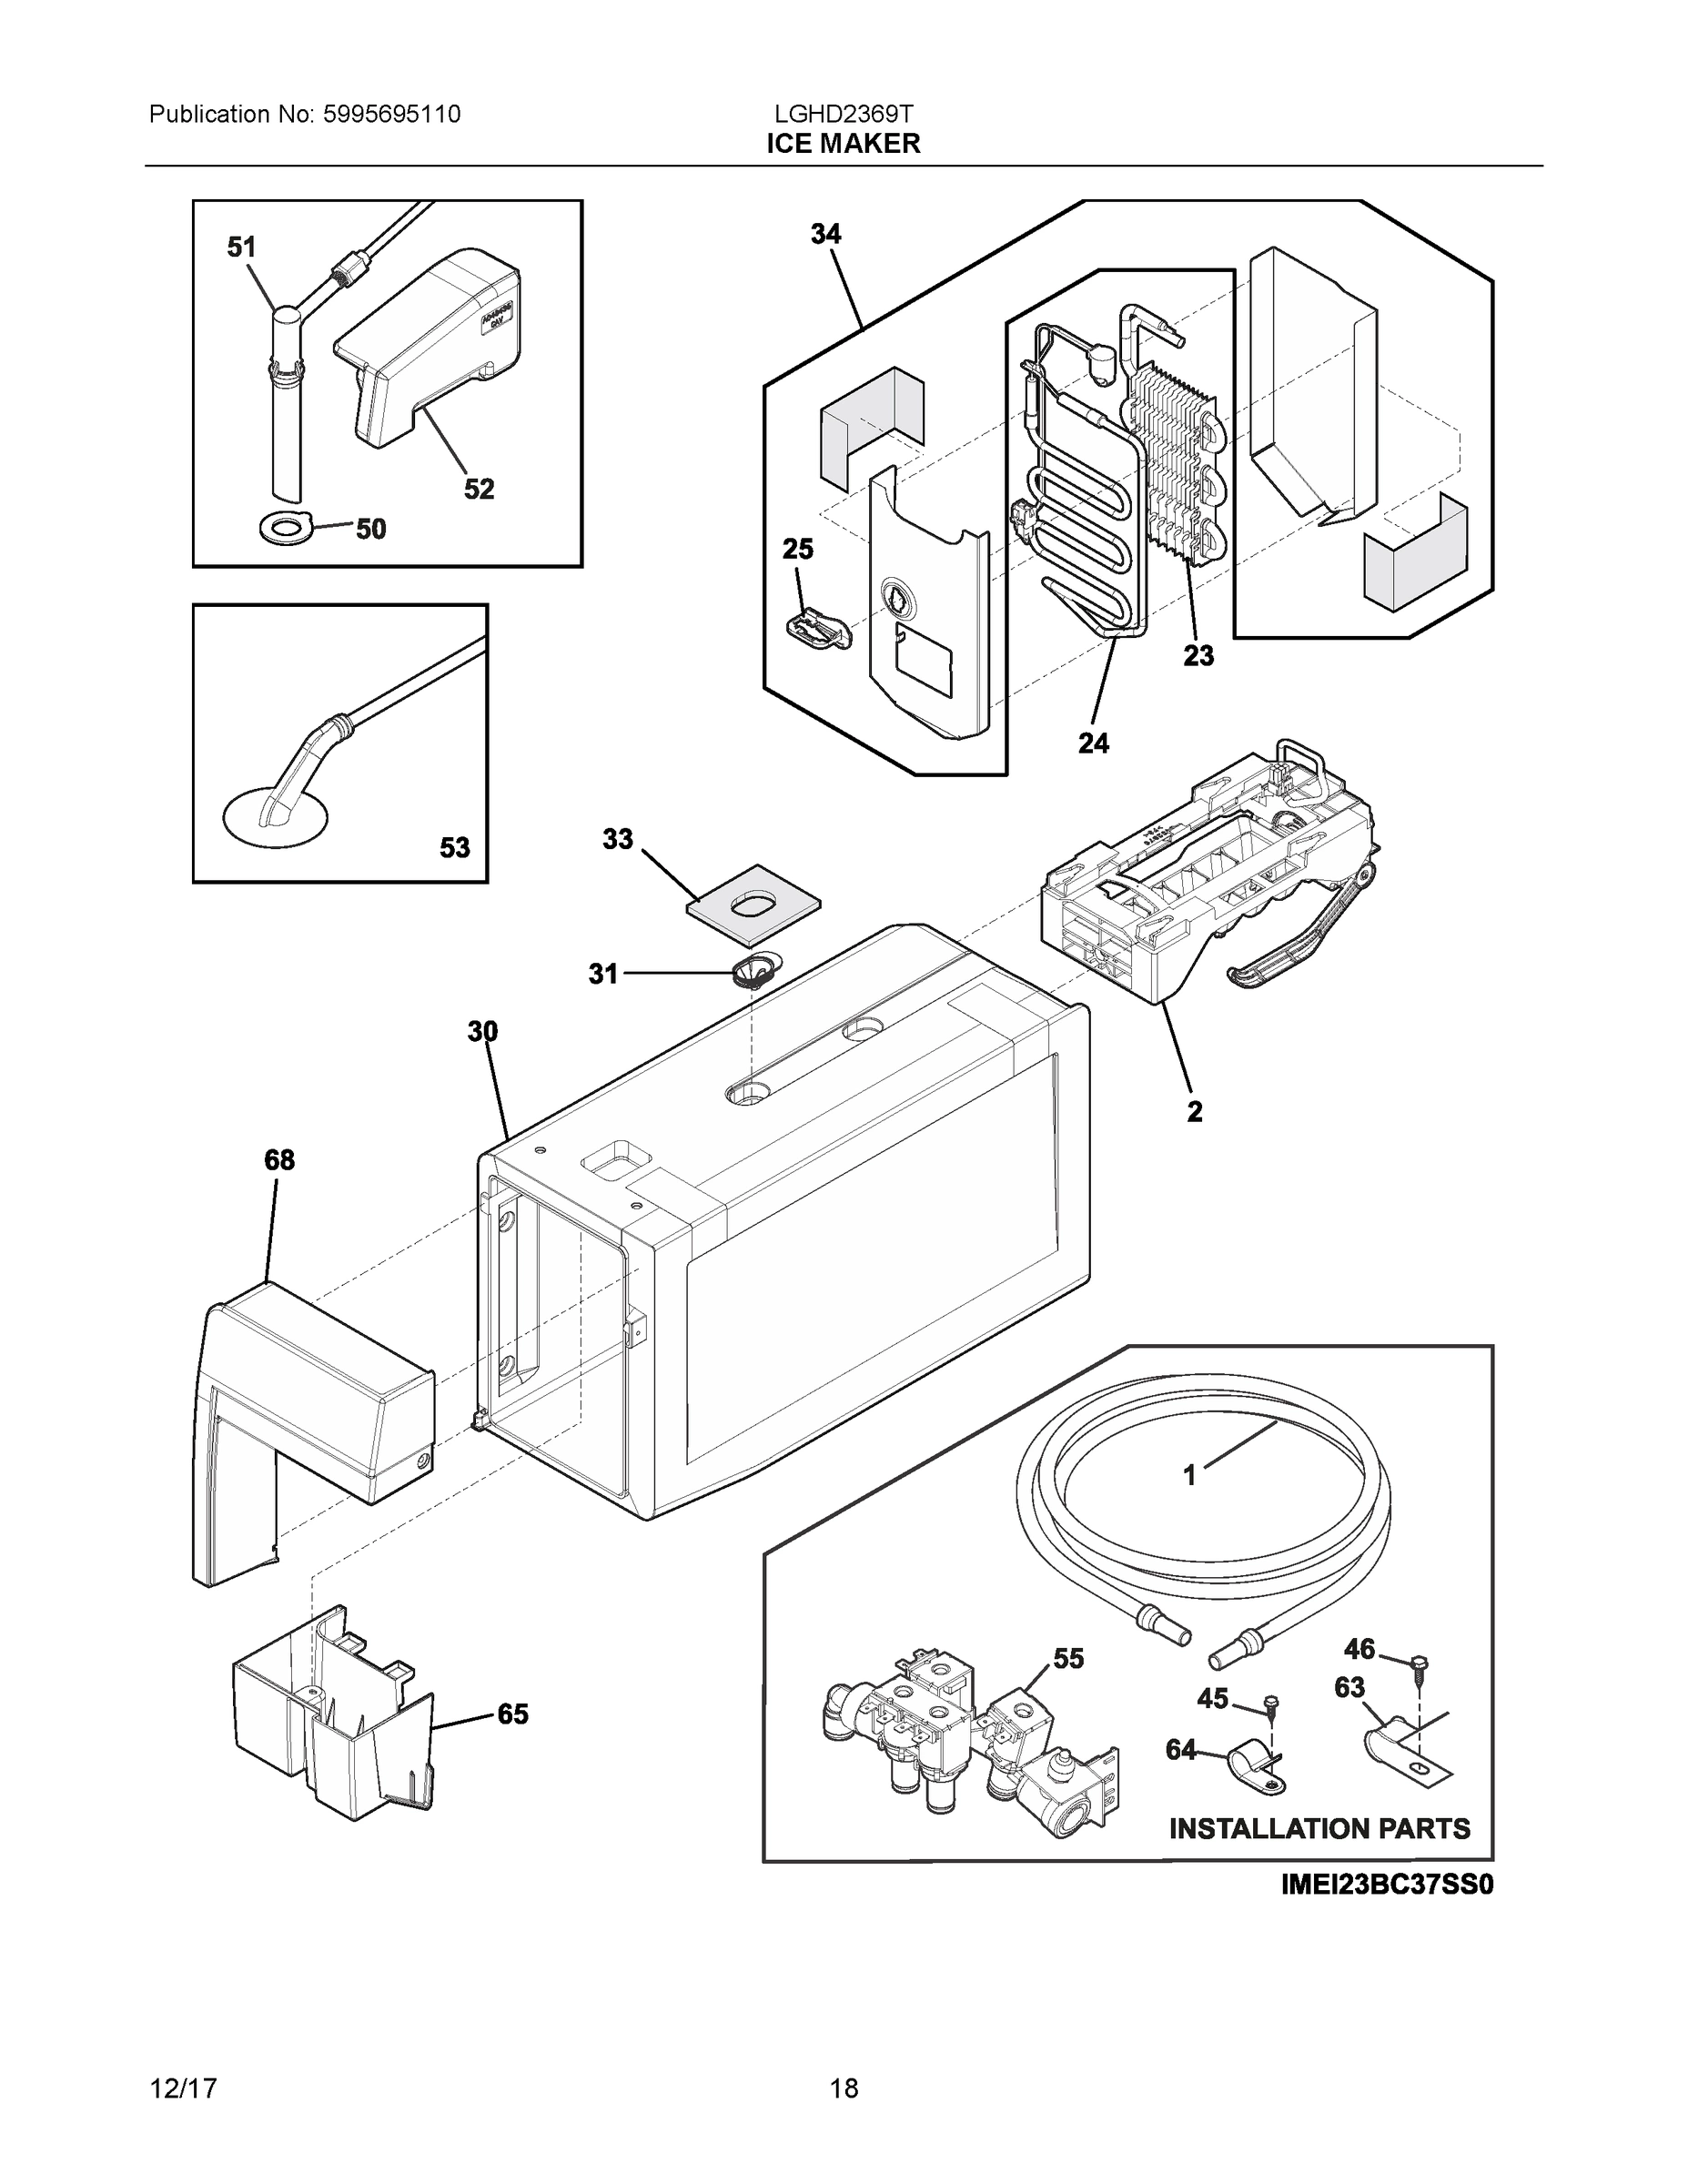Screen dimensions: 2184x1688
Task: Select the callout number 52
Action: point(478,489)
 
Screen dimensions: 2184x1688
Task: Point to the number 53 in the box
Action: point(454,848)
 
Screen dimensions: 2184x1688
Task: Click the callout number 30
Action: point(482,1031)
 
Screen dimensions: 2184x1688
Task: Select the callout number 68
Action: point(279,1160)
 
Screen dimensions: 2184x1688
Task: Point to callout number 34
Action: point(825,234)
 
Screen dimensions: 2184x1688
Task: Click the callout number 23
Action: point(1198,655)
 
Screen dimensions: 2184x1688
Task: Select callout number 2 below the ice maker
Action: point(1194,1111)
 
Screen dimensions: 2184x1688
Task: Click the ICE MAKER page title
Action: point(843,144)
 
